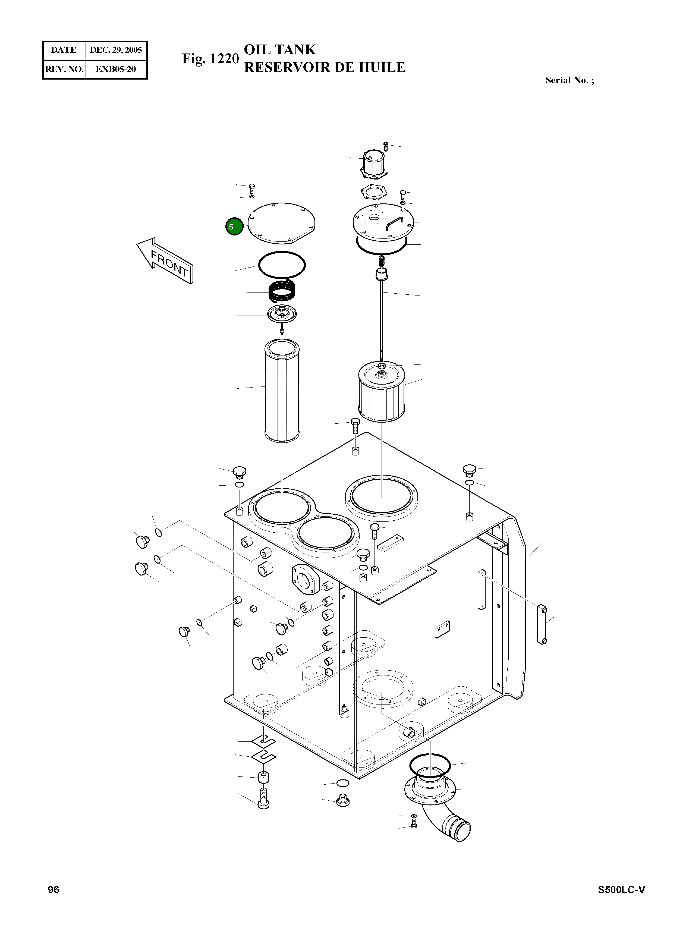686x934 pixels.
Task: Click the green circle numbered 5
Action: click(x=234, y=227)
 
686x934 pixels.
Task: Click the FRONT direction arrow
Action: click(x=166, y=260)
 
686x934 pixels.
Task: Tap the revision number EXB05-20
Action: click(x=116, y=69)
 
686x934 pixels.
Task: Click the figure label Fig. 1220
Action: click(x=210, y=59)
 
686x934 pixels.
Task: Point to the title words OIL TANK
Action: click(x=280, y=49)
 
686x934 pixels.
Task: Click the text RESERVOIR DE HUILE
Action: click(x=324, y=67)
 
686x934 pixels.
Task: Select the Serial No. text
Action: click(x=569, y=81)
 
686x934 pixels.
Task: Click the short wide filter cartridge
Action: click(x=381, y=392)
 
